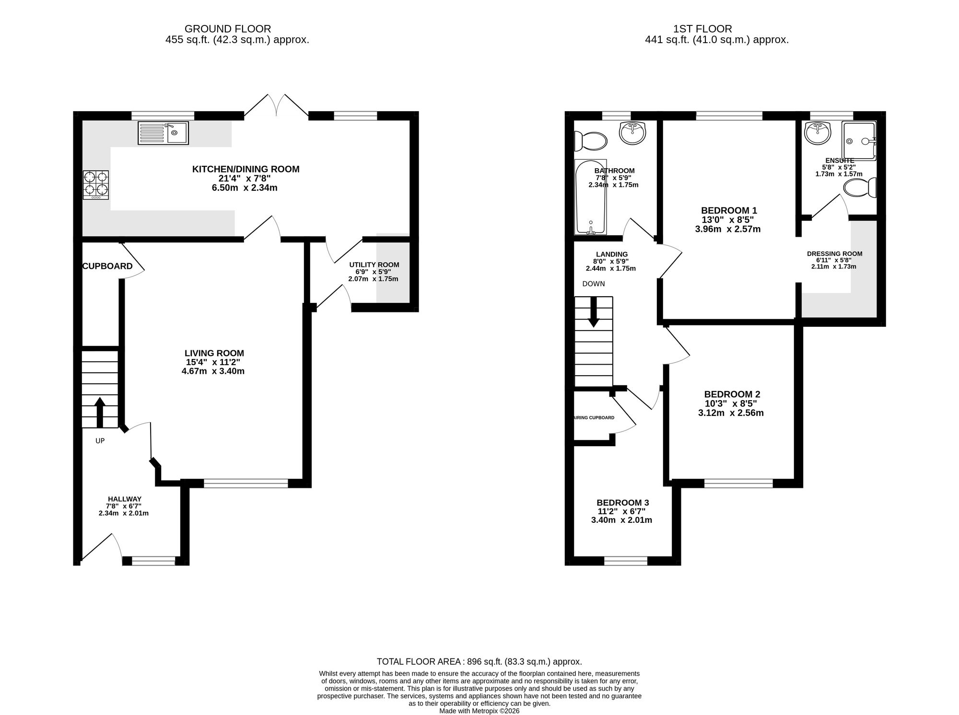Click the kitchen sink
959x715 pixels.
point(163,133)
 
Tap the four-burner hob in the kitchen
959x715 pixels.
point(96,185)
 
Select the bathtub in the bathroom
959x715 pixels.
point(591,197)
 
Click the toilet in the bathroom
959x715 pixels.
point(591,141)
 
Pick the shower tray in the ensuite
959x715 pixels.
point(859,140)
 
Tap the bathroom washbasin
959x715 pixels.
point(632,132)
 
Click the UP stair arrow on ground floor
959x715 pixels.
point(100,412)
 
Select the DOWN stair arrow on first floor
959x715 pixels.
point(594,312)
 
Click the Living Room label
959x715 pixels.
point(214,353)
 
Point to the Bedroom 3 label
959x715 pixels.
point(623,503)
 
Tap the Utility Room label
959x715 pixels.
point(374,265)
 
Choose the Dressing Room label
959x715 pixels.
point(835,254)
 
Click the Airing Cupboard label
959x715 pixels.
point(594,418)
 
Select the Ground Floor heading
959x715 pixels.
point(228,29)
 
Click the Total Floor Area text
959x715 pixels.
point(479,662)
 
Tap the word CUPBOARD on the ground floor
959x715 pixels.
point(107,266)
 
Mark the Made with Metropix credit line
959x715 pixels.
point(479,711)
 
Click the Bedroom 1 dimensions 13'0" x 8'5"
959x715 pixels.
point(728,219)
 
